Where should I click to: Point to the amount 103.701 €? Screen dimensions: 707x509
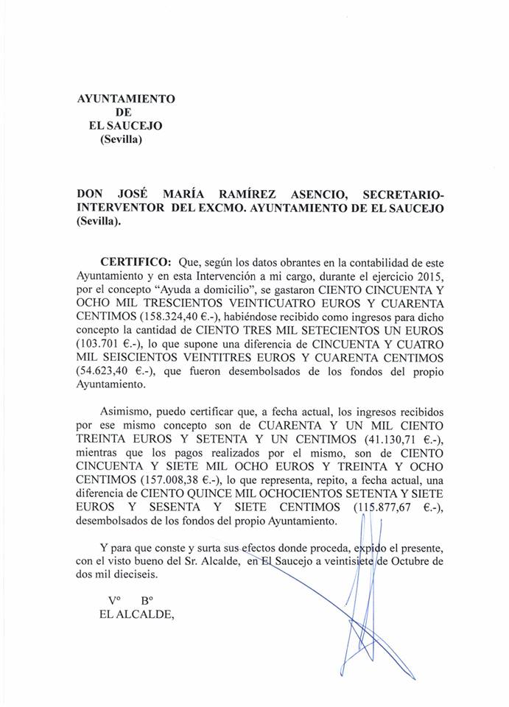112,344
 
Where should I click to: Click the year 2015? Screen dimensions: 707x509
429,276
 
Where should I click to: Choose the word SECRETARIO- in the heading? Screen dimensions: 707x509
404,194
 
